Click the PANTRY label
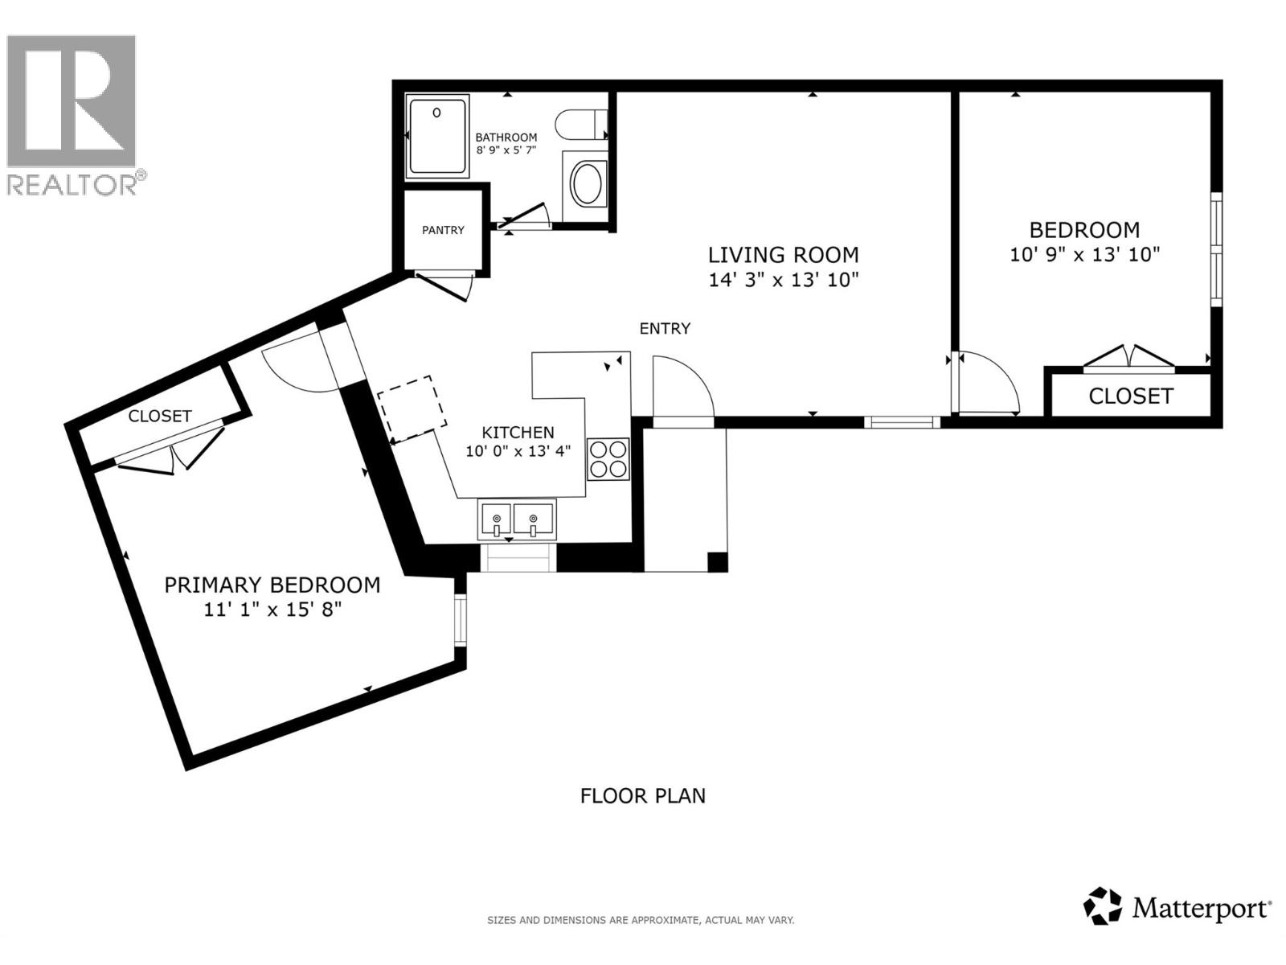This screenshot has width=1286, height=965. pyautogui.click(x=443, y=230)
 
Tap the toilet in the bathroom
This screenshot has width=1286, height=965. pyautogui.click(x=580, y=125)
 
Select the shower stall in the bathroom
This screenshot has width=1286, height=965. pyautogui.click(x=437, y=136)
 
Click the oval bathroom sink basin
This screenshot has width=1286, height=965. pyautogui.click(x=588, y=183)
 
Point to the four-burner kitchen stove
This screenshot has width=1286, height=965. pyautogui.click(x=608, y=459)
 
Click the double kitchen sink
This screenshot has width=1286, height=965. pyautogui.click(x=516, y=519)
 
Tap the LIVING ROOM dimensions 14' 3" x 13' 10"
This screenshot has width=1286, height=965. pyautogui.click(x=783, y=280)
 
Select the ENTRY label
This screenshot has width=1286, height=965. pyautogui.click(x=665, y=328)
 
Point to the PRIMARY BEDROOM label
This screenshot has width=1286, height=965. pyautogui.click(x=272, y=585)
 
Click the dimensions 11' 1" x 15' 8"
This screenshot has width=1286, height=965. pyautogui.click(x=272, y=610)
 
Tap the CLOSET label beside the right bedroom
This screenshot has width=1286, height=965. pyautogui.click(x=1130, y=396)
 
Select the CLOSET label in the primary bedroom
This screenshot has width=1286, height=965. pyautogui.click(x=160, y=416)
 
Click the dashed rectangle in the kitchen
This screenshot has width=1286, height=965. pyautogui.click(x=412, y=409)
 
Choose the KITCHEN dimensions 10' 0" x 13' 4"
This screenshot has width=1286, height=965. pyautogui.click(x=518, y=451)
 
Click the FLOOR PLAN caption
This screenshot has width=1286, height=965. pyautogui.click(x=643, y=795)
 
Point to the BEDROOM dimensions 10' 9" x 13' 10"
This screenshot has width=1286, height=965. pyautogui.click(x=1084, y=255)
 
